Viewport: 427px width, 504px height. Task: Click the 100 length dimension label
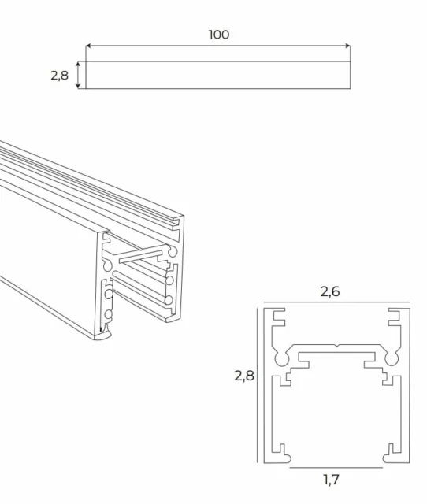tap(219, 35)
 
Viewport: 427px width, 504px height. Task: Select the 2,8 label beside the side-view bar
tap(59, 76)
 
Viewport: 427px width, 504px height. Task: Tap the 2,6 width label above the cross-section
tap(329, 292)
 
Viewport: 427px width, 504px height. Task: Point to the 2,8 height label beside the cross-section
tap(243, 376)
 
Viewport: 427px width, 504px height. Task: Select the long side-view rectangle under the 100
tap(217, 75)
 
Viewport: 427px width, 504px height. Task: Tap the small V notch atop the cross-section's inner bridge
tap(335, 346)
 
